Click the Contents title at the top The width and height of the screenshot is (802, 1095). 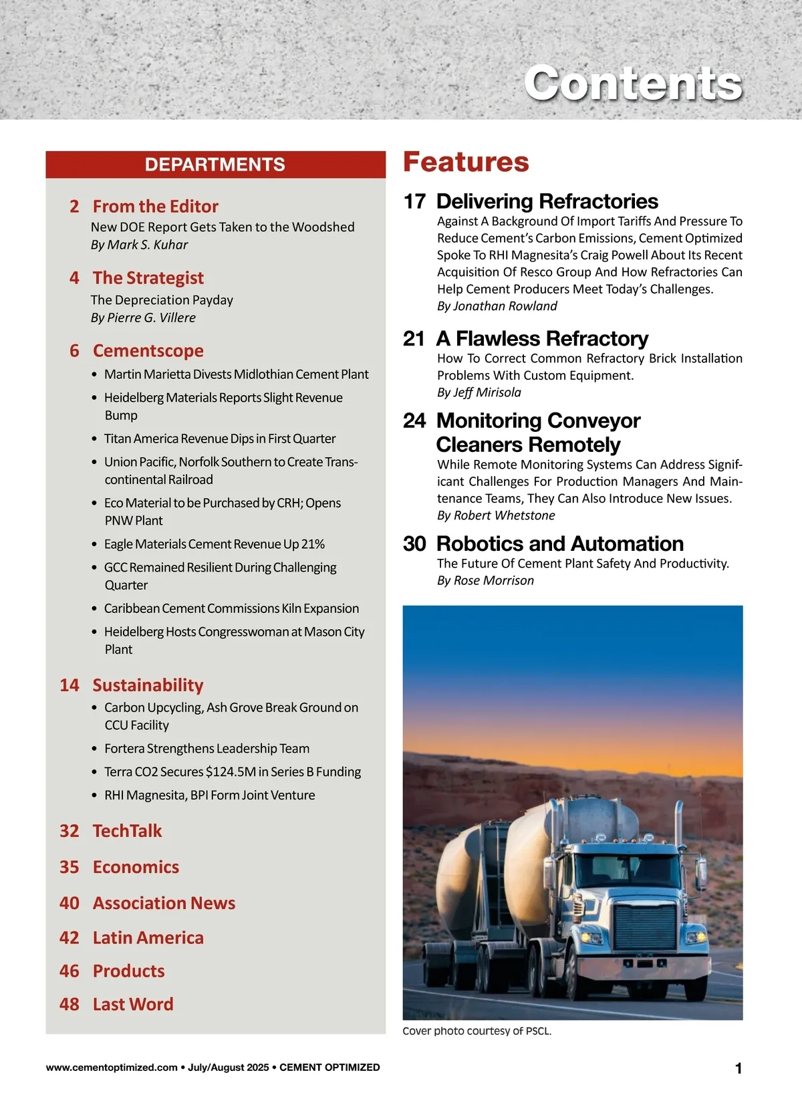tap(632, 84)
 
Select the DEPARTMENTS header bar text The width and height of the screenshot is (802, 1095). tap(215, 164)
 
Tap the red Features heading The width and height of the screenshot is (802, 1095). tap(466, 162)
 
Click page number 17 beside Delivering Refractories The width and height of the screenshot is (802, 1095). tap(414, 201)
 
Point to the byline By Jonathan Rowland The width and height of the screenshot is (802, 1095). tap(497, 306)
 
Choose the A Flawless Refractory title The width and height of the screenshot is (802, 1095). tap(542, 339)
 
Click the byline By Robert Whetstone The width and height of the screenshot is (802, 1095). tap(496, 515)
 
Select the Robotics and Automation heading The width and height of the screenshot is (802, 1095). tap(559, 543)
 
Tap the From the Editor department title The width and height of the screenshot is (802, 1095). tap(155, 206)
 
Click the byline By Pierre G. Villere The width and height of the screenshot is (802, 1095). tap(143, 318)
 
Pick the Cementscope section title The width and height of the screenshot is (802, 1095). tap(148, 350)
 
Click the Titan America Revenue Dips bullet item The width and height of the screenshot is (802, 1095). tap(220, 439)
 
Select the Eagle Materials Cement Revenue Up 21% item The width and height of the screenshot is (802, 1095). tap(214, 544)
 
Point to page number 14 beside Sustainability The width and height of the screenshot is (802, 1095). tap(70, 685)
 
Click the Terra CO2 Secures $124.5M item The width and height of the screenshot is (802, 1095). tap(232, 772)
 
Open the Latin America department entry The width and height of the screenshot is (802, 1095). tap(148, 938)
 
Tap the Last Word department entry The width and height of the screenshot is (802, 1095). tap(133, 1004)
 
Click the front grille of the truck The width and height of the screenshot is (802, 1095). tap(645, 927)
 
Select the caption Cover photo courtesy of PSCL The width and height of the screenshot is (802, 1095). tap(477, 1031)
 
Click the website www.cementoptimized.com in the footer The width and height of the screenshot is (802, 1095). tap(112, 1068)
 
